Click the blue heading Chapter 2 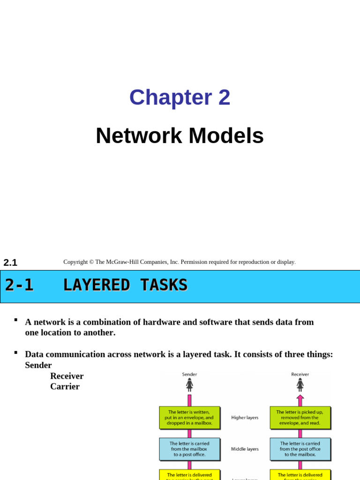[180, 97]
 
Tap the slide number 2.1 [10, 262]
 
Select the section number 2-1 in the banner [19, 285]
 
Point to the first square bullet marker [16, 320]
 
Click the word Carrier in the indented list [65, 386]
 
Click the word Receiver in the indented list [67, 376]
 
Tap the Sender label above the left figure [189, 374]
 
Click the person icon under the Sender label [189, 385]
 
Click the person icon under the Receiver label [300, 385]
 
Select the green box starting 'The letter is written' [189, 418]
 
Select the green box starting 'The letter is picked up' [300, 418]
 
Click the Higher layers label [245, 417]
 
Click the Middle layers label [245, 449]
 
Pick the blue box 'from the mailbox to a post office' [189, 449]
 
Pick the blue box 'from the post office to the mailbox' [300, 449]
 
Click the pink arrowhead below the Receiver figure [300, 397]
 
